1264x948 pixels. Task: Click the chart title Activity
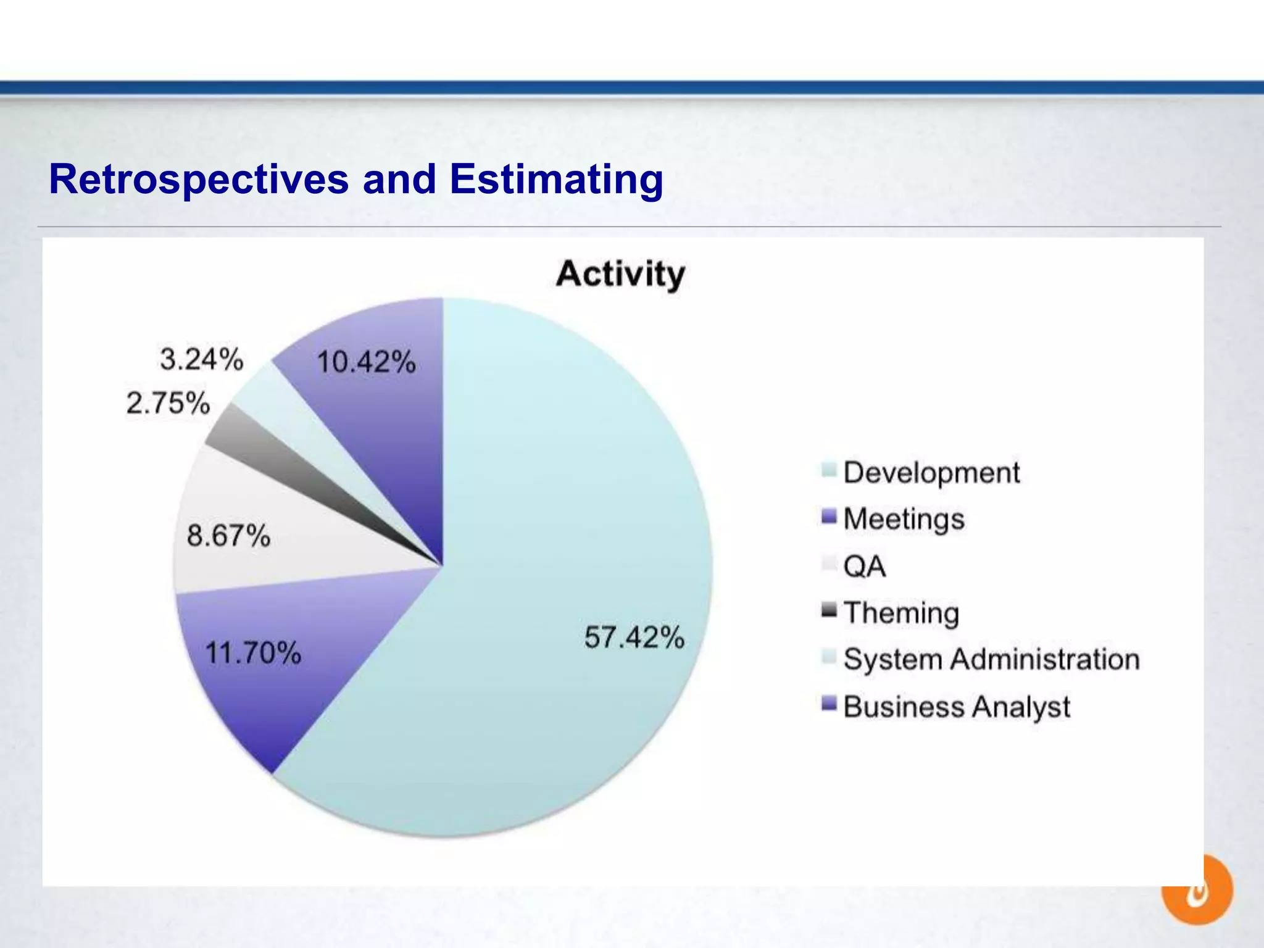[620, 274]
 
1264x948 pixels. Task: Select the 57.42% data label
[634, 637]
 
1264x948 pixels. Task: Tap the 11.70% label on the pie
[253, 652]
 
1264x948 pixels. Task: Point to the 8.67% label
[228, 535]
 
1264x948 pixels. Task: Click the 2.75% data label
[168, 403]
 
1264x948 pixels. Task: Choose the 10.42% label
[366, 362]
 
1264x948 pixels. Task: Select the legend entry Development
[931, 473]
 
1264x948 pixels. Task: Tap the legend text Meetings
[904, 519]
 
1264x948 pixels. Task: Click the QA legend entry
[864, 566]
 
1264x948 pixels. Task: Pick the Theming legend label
[901, 613]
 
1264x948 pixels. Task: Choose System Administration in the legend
[991, 659]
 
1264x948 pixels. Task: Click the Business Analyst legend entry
[957, 707]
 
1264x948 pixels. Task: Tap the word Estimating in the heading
[556, 180]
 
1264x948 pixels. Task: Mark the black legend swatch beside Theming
[829, 610]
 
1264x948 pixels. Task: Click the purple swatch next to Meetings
[829, 517]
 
